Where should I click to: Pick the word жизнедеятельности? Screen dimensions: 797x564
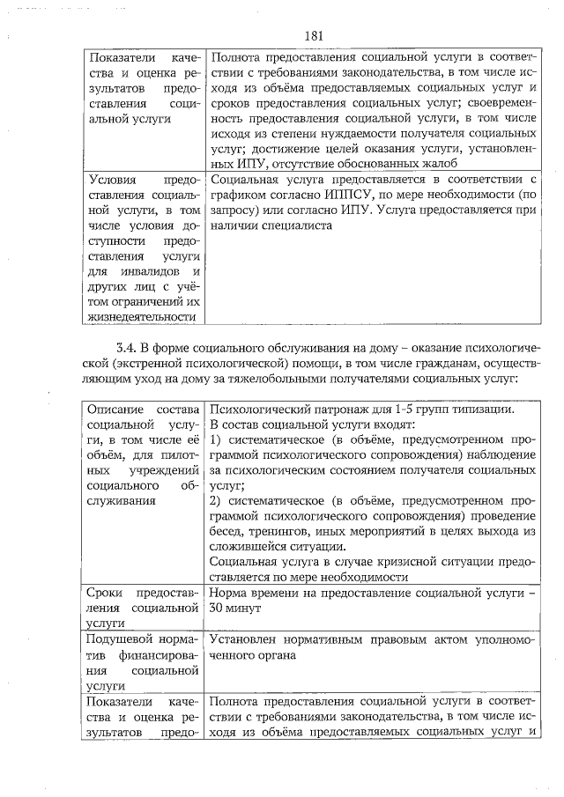pyautogui.click(x=137, y=315)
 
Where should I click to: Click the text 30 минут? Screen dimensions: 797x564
pyautogui.click(x=236, y=608)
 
